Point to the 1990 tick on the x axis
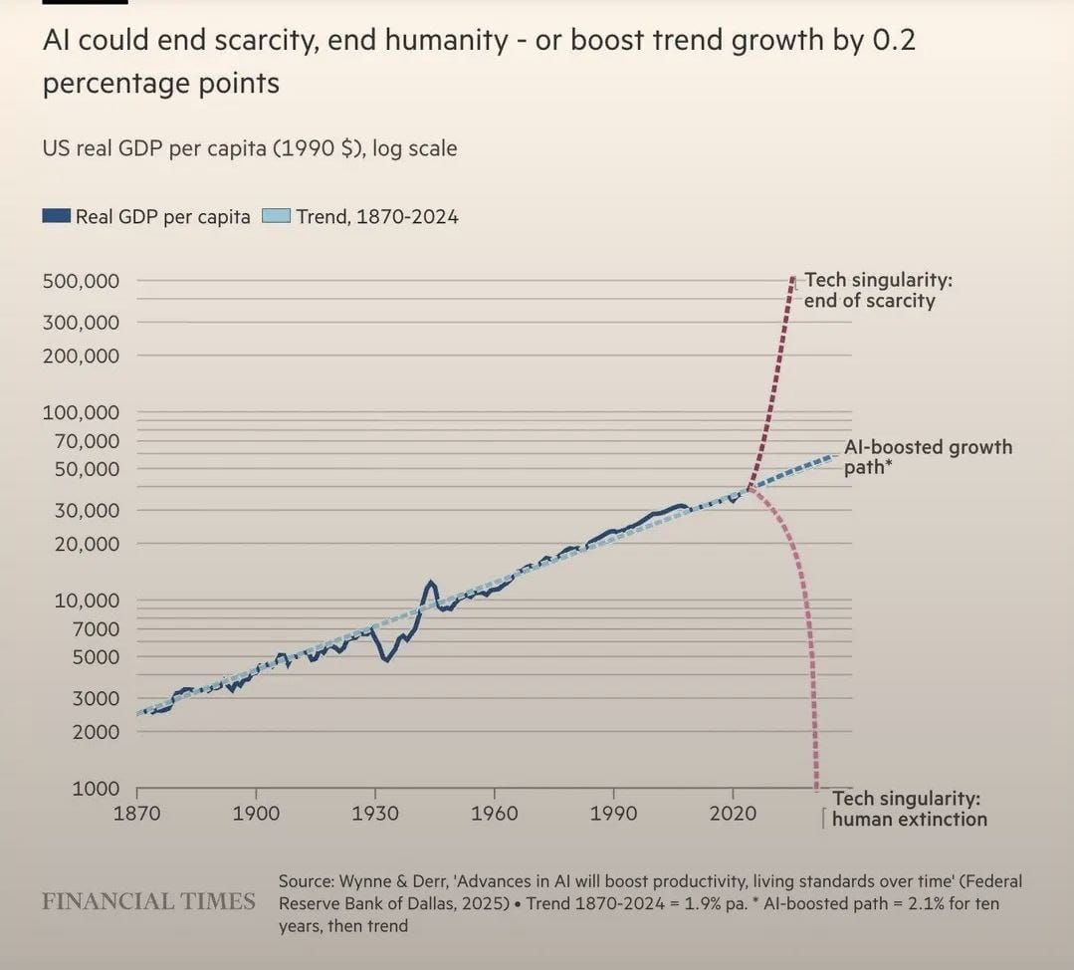[x=613, y=813]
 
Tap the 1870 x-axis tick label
[x=136, y=813]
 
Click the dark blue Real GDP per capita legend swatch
[x=57, y=216]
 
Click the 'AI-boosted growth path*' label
[x=928, y=456]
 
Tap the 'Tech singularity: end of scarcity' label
[x=877, y=290]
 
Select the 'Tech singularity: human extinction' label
[x=908, y=809]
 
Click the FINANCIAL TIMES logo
[x=148, y=901]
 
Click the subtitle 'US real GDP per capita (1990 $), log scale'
[x=249, y=148]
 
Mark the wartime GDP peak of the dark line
[x=431, y=582]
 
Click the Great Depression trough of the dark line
[x=387, y=659]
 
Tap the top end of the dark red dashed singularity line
[x=792, y=278]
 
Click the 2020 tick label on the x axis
[x=733, y=813]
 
